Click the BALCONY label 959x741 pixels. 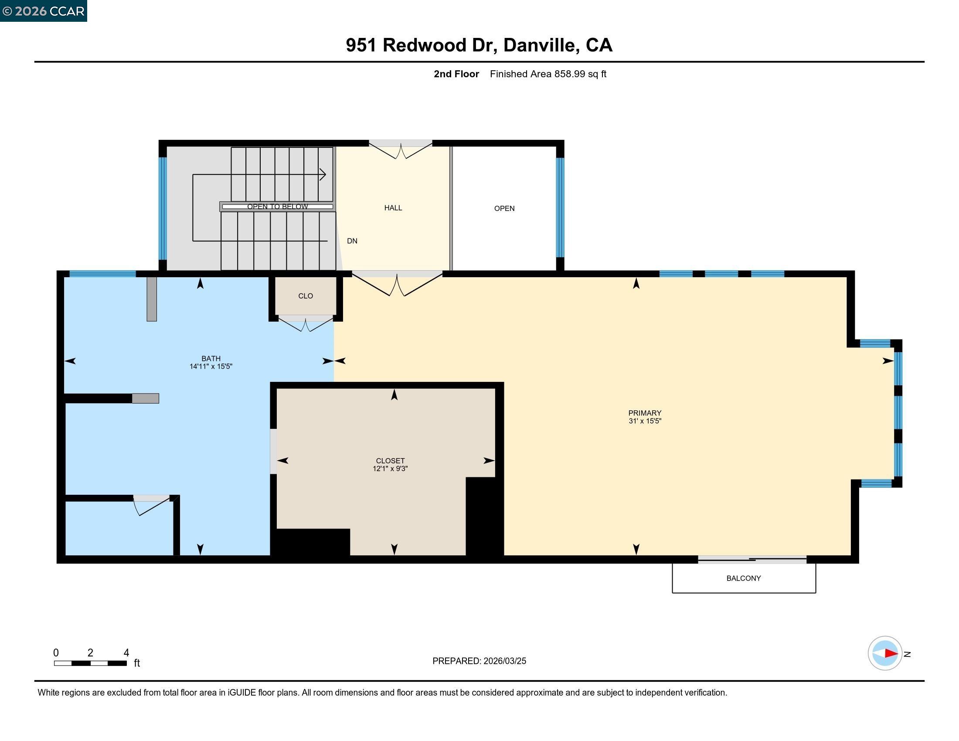[x=743, y=578]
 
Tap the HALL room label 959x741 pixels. [x=393, y=207]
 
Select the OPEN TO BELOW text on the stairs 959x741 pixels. [x=277, y=206]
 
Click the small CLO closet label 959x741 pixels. [x=306, y=296]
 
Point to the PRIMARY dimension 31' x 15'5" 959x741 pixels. [x=645, y=421]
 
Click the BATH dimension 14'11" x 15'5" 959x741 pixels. [x=211, y=367]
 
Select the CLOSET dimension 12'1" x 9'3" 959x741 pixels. [x=390, y=469]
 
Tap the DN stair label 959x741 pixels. [x=352, y=241]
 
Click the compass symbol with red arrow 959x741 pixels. [x=885, y=653]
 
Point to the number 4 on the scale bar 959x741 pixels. [x=126, y=653]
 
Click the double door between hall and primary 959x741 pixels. [x=397, y=285]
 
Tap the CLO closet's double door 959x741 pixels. [x=306, y=324]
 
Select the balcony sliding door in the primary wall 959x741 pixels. [x=752, y=559]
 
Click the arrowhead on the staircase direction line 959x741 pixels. [x=323, y=175]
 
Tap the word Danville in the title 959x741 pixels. [x=539, y=45]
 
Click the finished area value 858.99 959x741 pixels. [x=570, y=74]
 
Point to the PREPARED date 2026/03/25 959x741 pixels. [x=504, y=661]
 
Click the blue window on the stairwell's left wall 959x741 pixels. [x=163, y=208]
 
